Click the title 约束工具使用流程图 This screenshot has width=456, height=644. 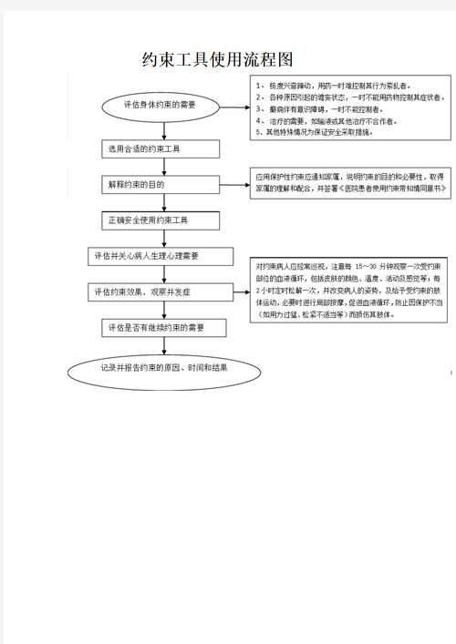(x=218, y=60)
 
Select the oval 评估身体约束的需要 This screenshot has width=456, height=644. (x=160, y=106)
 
